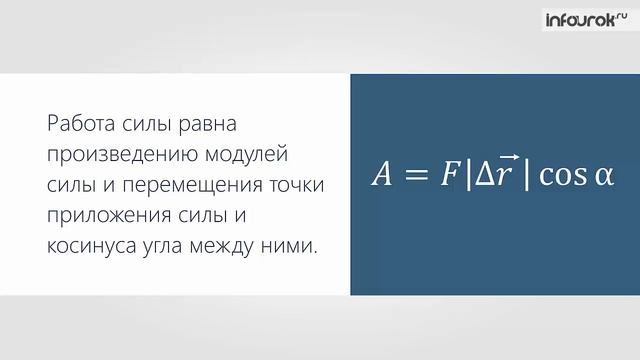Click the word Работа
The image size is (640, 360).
pos(77,125)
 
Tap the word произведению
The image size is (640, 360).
pos(107,156)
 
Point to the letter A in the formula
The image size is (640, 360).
pos(383,175)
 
